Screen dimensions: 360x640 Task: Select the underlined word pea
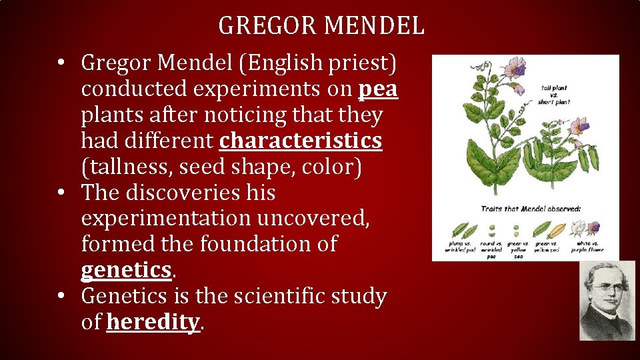[x=378, y=89]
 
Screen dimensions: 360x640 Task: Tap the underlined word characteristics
[x=301, y=141]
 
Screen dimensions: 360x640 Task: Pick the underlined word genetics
[x=126, y=270]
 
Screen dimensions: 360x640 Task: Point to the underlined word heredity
[x=153, y=322]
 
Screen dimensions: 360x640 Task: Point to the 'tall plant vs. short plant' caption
[x=555, y=95]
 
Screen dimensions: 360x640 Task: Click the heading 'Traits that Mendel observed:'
[x=531, y=209]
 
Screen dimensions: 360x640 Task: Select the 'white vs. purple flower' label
[x=587, y=247]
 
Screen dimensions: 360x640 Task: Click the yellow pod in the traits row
[x=557, y=231]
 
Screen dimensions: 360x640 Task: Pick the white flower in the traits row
[x=577, y=230]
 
